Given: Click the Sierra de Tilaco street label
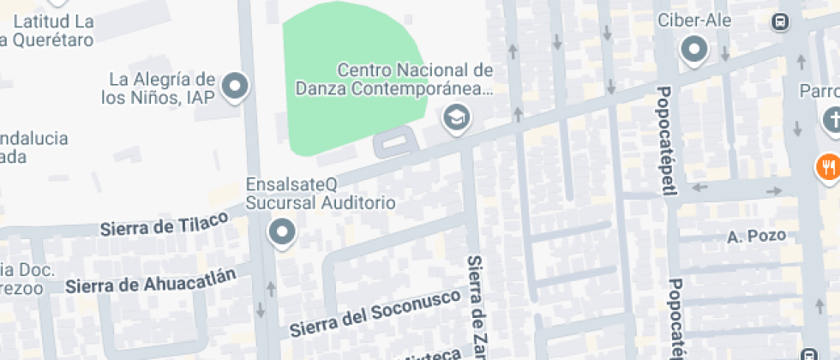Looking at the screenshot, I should click(x=165, y=224).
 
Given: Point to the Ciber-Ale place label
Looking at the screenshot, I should click(x=694, y=21).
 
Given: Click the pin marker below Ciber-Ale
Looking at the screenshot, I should click(x=694, y=51).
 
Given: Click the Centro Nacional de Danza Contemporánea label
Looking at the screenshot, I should click(x=394, y=78).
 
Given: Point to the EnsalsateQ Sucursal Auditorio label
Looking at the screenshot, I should click(x=321, y=194).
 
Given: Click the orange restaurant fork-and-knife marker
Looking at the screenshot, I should click(x=827, y=166).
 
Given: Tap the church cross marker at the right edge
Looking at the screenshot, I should click(x=831, y=120).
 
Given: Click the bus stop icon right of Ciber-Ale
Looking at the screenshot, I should click(x=780, y=22).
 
